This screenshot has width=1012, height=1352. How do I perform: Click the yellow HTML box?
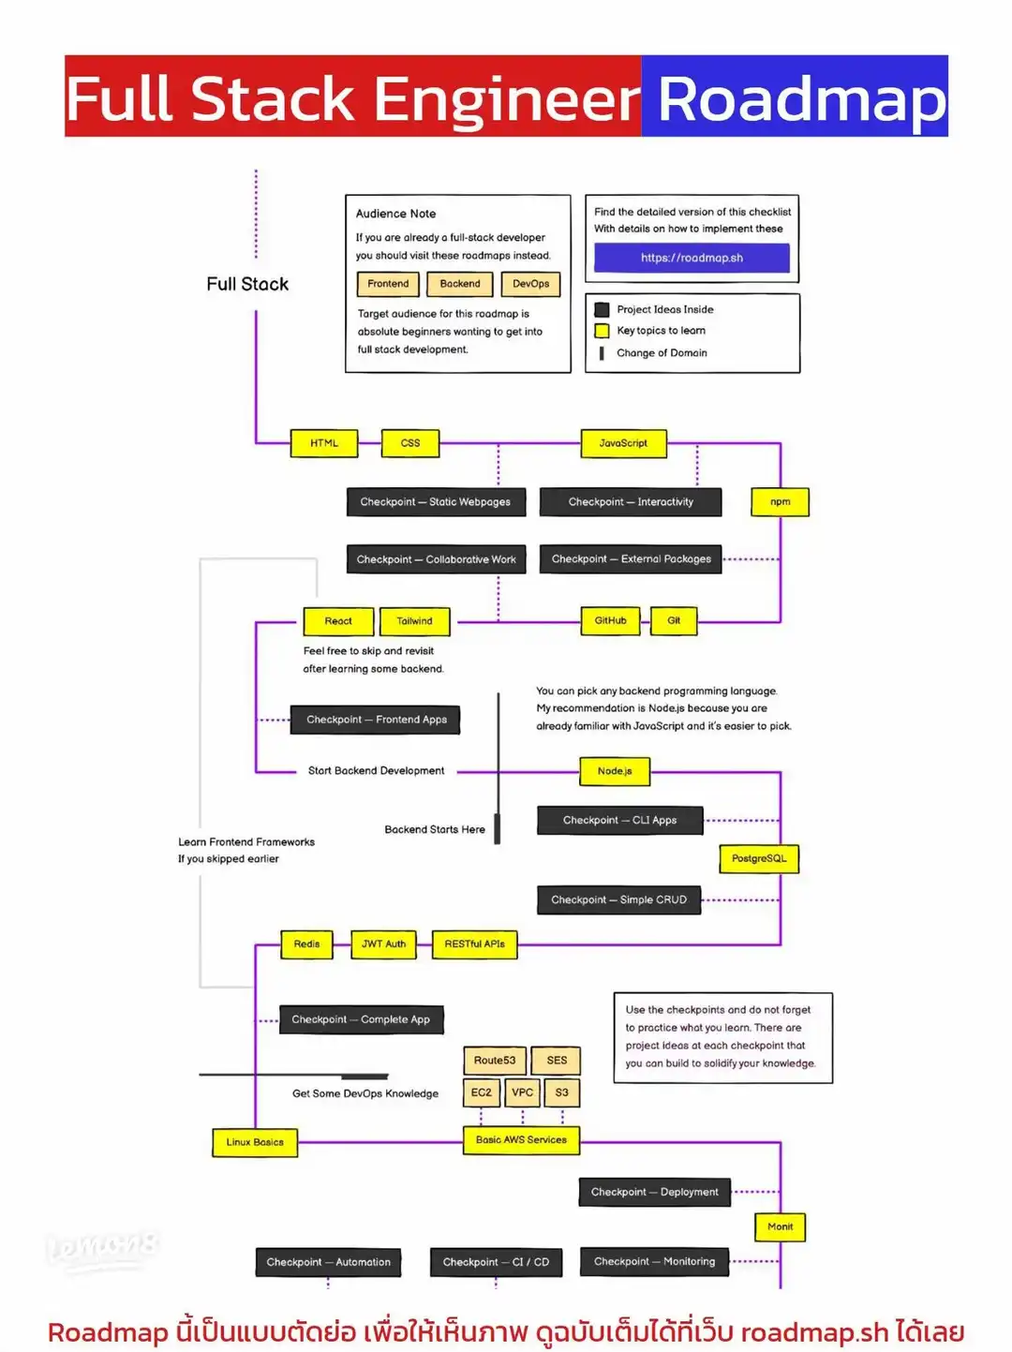point(324,443)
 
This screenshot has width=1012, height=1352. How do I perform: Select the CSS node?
point(410,443)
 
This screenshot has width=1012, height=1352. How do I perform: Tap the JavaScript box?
point(623,443)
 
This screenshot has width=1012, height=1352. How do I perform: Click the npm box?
point(780,502)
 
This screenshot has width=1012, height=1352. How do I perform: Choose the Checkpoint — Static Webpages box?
point(436,502)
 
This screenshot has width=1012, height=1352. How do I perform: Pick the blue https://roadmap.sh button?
point(692,258)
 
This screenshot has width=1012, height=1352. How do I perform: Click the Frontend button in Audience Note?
point(388,284)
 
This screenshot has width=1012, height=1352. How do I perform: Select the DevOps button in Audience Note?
point(530,284)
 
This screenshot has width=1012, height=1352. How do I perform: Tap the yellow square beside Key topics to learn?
point(602,331)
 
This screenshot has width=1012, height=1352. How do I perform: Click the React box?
point(338,621)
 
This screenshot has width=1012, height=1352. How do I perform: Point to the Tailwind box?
point(414,621)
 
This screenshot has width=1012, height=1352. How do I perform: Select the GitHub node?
point(610,620)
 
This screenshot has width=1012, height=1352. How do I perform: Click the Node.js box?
point(615,771)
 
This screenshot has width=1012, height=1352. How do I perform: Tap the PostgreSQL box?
point(759,858)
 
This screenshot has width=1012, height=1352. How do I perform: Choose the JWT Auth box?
point(384,944)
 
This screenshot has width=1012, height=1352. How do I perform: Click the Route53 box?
point(494,1061)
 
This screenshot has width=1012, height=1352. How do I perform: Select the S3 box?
point(561,1092)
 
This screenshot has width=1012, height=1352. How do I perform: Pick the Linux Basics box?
point(254,1142)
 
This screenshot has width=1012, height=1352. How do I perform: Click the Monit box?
point(780,1226)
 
